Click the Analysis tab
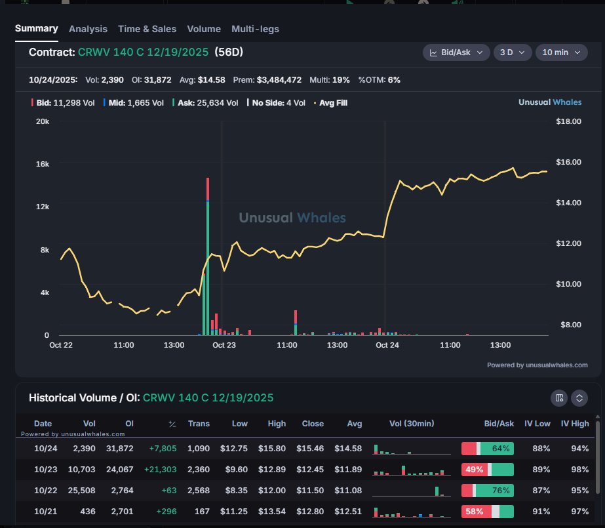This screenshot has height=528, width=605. (88, 29)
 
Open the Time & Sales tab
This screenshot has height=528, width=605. (147, 29)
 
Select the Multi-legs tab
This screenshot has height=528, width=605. (255, 29)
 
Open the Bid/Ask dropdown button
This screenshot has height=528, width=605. (456, 52)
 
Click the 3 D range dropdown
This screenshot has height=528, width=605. (512, 52)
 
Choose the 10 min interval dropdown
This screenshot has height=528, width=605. (561, 52)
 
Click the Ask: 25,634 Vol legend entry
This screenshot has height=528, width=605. (205, 102)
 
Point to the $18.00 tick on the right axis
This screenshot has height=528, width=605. (568, 121)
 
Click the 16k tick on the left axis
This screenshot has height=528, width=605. (42, 164)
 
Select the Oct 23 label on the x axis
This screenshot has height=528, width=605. (224, 345)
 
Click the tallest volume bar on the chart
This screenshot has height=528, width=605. (208, 256)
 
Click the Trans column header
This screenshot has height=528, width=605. (199, 424)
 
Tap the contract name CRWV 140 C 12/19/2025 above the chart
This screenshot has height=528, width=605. (143, 52)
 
